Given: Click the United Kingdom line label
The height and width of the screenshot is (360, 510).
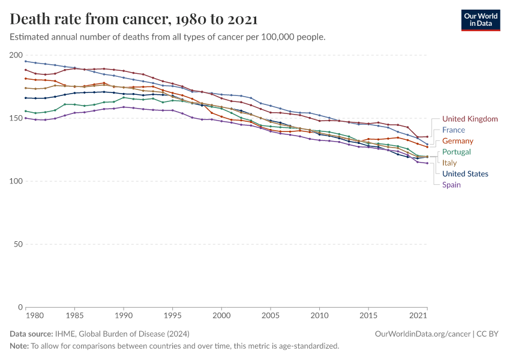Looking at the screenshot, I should tap(470, 119).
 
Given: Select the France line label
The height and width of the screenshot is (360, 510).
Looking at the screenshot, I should tap(453, 130).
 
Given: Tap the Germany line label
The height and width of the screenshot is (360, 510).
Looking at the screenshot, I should tap(458, 141).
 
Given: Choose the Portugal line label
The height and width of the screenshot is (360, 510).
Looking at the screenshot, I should tap(457, 152).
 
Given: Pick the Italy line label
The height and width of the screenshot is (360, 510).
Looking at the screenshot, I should tap(449, 163).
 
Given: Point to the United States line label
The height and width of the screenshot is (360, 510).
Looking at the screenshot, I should tap(465, 174).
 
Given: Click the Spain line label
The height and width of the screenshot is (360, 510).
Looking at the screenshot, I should tap(451, 185).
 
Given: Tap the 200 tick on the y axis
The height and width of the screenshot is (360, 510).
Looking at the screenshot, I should tap(17, 55).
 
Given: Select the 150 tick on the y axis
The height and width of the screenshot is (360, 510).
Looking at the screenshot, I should tap(17, 118).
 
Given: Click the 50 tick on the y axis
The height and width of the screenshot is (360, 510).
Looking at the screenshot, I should tap(19, 244).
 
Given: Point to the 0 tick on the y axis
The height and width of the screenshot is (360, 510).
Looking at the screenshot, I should tap(20, 307).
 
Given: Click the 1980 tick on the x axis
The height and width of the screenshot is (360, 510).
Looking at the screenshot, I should tap(35, 315).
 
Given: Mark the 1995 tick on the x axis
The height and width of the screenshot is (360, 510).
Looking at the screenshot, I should tap(172, 315).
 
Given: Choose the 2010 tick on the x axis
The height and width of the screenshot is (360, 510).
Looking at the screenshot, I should tap(320, 315).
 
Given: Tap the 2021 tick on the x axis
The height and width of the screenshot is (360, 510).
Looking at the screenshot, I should tap(419, 315).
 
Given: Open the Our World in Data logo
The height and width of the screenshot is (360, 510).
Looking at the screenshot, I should tap(480, 20).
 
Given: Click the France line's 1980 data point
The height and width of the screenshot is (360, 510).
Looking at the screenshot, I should tap(25, 61).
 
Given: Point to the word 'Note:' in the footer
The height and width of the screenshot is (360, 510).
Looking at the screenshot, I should tap(20, 346).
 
